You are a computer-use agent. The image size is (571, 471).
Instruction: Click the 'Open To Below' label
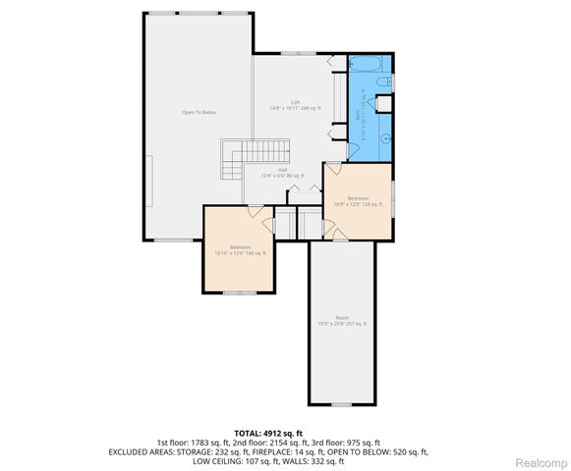click(x=199, y=113)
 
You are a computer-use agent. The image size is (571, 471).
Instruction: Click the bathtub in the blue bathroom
click(x=370, y=68)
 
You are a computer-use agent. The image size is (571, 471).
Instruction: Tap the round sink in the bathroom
click(x=382, y=137)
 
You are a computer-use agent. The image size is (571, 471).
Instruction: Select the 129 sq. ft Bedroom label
click(x=357, y=201)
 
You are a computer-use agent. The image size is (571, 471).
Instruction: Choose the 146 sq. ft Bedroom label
click(x=240, y=249)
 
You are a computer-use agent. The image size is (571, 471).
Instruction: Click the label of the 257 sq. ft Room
click(x=341, y=320)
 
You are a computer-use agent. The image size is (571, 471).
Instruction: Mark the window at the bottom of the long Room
click(x=341, y=404)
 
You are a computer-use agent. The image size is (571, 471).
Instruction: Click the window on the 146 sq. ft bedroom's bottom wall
click(x=239, y=292)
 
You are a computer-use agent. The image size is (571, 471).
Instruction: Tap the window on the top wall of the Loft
click(x=292, y=53)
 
